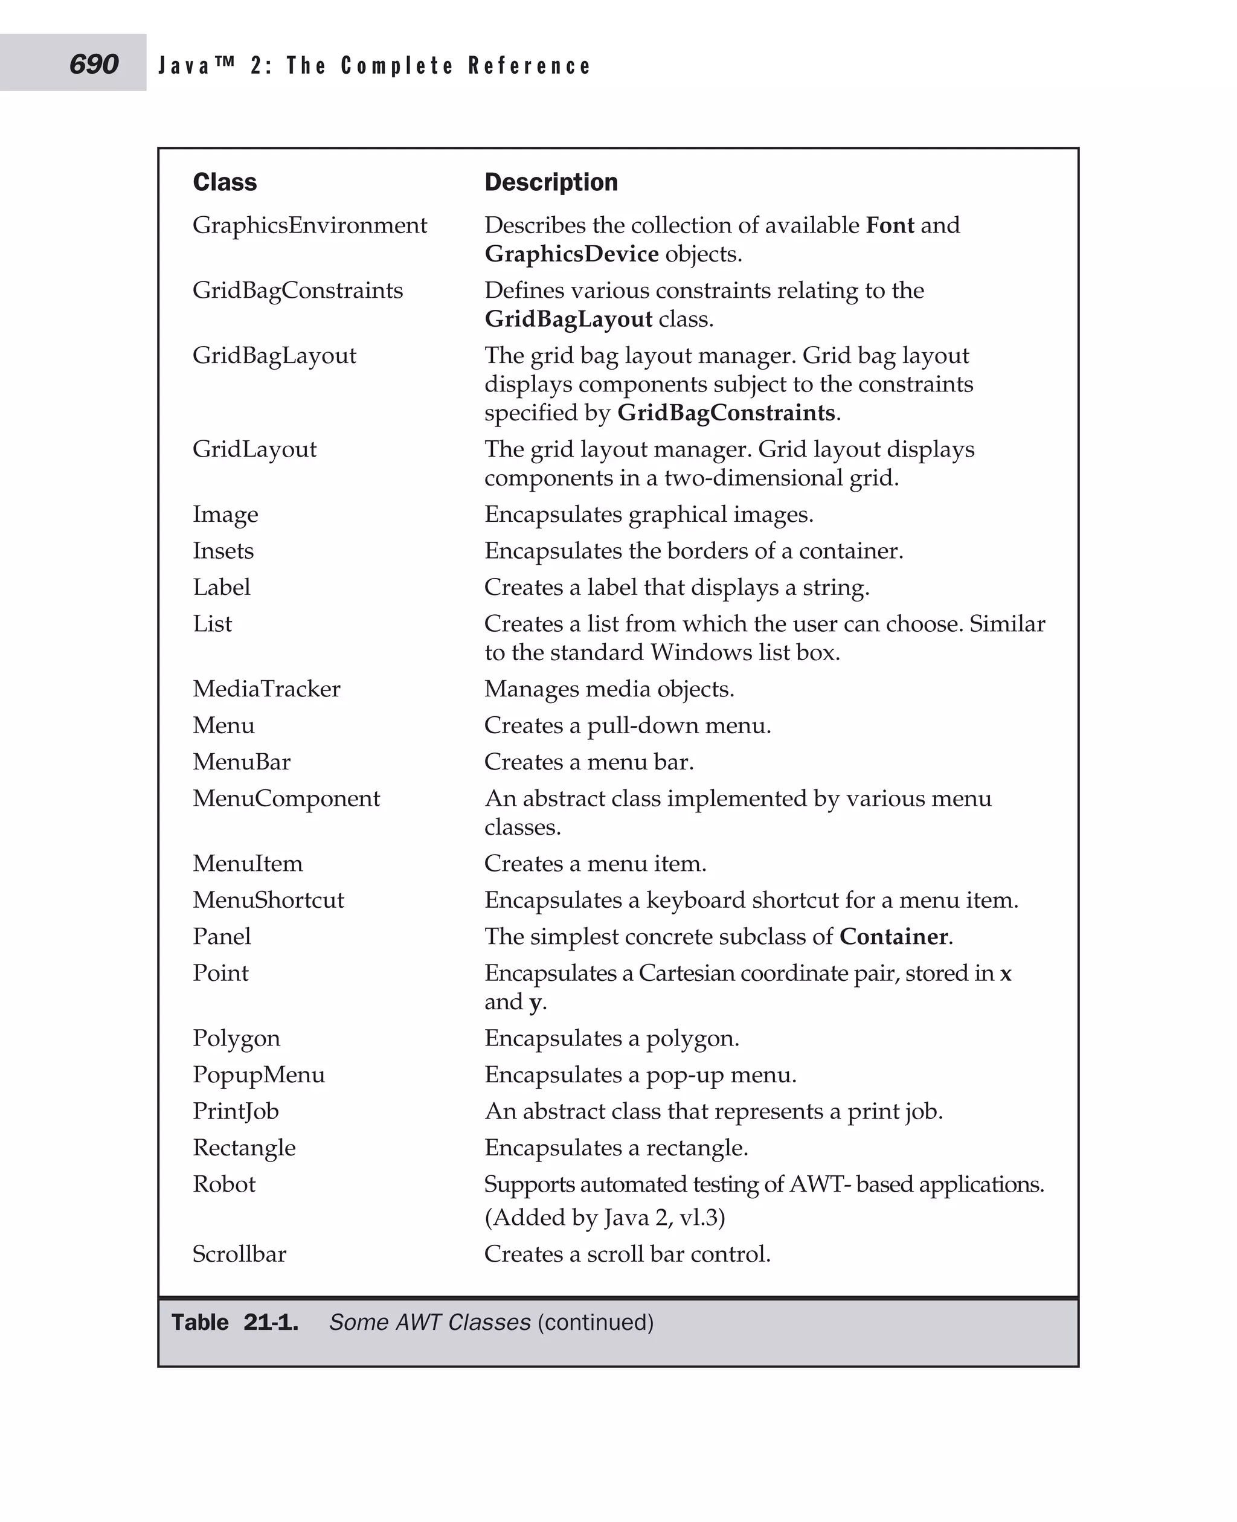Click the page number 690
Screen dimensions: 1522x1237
(x=94, y=64)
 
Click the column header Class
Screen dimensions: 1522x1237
(x=225, y=182)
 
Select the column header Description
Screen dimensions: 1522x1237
(x=551, y=182)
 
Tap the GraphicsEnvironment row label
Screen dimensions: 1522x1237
(x=309, y=226)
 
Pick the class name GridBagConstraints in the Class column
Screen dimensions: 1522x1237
(x=297, y=291)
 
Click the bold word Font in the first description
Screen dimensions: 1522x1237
(x=889, y=225)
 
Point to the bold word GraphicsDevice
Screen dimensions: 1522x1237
(x=571, y=254)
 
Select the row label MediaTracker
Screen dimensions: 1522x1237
(x=266, y=689)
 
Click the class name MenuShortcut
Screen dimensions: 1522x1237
(x=268, y=900)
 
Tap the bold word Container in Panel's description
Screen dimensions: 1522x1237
(x=893, y=936)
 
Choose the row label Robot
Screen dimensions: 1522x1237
(x=223, y=1184)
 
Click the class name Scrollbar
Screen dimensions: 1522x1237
(x=239, y=1254)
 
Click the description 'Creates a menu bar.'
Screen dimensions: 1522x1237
(x=588, y=762)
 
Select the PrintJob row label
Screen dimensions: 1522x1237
(x=236, y=1111)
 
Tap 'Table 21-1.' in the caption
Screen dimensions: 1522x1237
(x=234, y=1323)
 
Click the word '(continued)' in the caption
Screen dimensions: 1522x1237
(x=595, y=1323)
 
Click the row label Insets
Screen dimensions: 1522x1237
(x=223, y=551)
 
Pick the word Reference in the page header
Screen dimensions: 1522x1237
(x=530, y=66)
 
